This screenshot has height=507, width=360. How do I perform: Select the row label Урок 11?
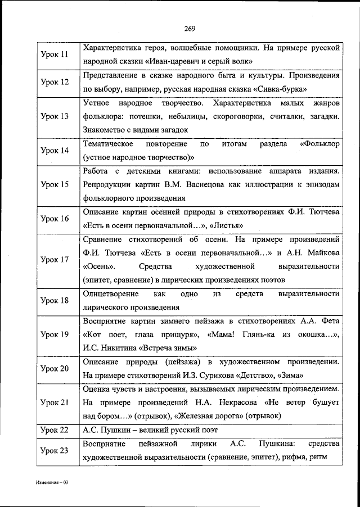click(55, 55)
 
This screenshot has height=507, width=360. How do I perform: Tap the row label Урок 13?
click(55, 116)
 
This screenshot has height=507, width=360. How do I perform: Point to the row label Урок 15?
click(55, 184)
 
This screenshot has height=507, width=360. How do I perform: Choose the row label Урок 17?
click(55, 260)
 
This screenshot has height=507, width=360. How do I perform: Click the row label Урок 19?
click(55, 334)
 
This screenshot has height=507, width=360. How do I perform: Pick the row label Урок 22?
click(55, 430)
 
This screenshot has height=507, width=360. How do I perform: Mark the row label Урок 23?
click(55, 450)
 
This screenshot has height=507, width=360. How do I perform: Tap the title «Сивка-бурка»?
click(286, 89)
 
